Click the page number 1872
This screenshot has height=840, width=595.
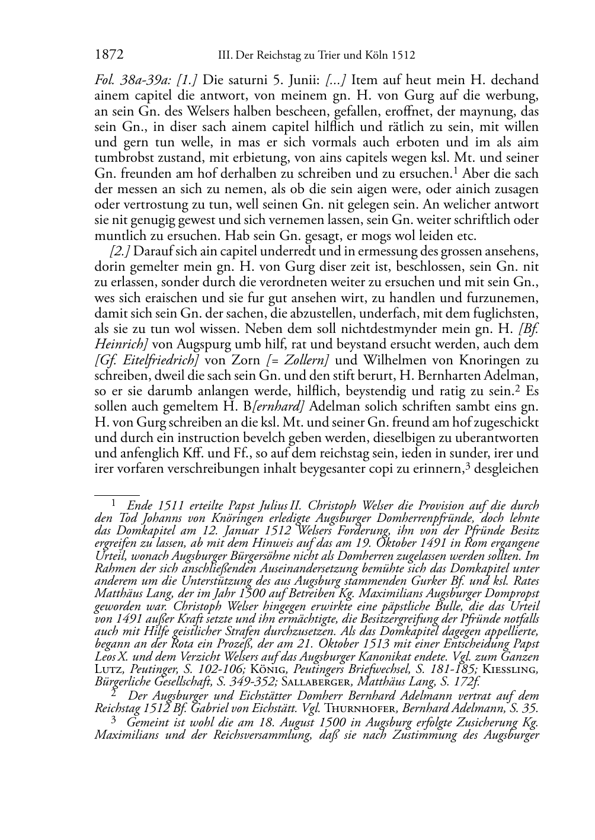108,55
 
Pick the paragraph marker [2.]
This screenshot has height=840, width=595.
120,251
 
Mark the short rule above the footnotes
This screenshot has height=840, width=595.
117,493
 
